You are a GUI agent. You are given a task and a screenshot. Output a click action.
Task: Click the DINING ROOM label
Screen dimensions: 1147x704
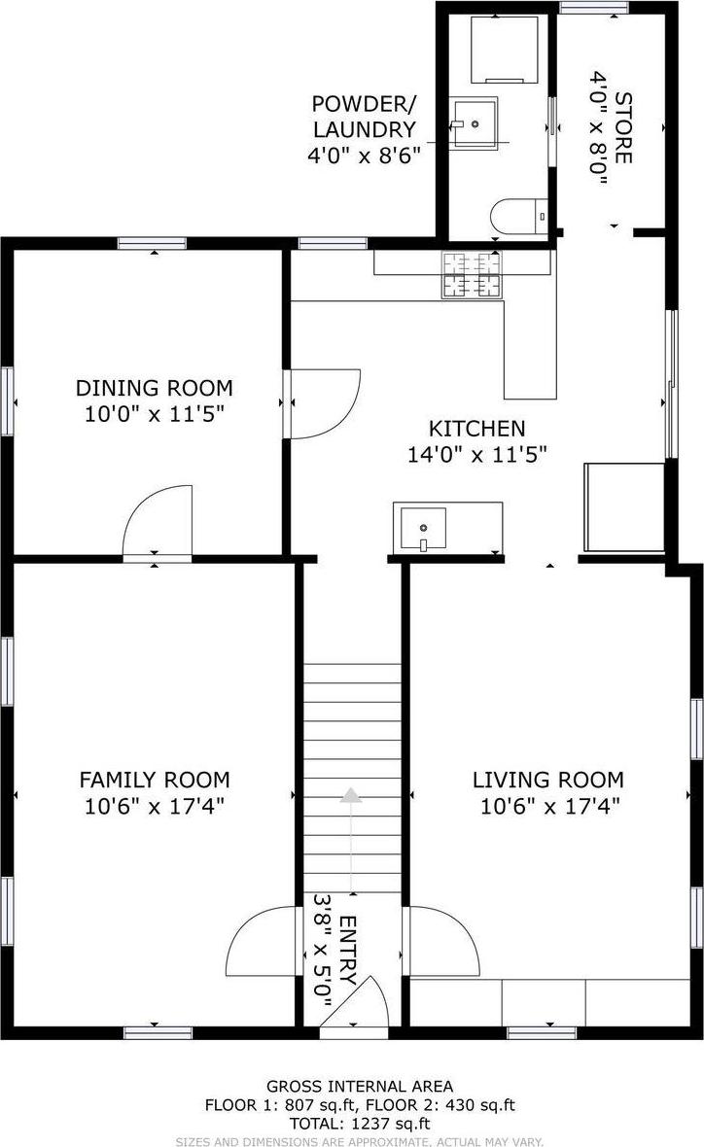tap(154, 388)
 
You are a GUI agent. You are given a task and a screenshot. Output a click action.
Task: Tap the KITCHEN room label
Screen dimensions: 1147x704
tap(476, 428)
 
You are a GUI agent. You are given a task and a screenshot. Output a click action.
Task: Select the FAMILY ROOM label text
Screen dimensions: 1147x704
tap(154, 780)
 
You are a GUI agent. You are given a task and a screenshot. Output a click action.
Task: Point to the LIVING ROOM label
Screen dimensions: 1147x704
tap(547, 780)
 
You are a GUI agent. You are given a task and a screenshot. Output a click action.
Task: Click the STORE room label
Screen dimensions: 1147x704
tap(623, 127)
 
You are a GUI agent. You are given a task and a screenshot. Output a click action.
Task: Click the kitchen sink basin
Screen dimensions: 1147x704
tap(420, 528)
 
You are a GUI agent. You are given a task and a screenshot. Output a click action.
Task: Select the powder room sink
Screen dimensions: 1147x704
tap(474, 122)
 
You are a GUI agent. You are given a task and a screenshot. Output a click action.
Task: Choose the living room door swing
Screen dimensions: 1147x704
tap(443, 941)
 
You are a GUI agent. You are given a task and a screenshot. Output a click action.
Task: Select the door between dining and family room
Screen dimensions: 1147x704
tap(158, 520)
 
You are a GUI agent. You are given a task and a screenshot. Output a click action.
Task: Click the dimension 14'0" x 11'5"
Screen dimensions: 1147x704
tap(476, 453)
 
